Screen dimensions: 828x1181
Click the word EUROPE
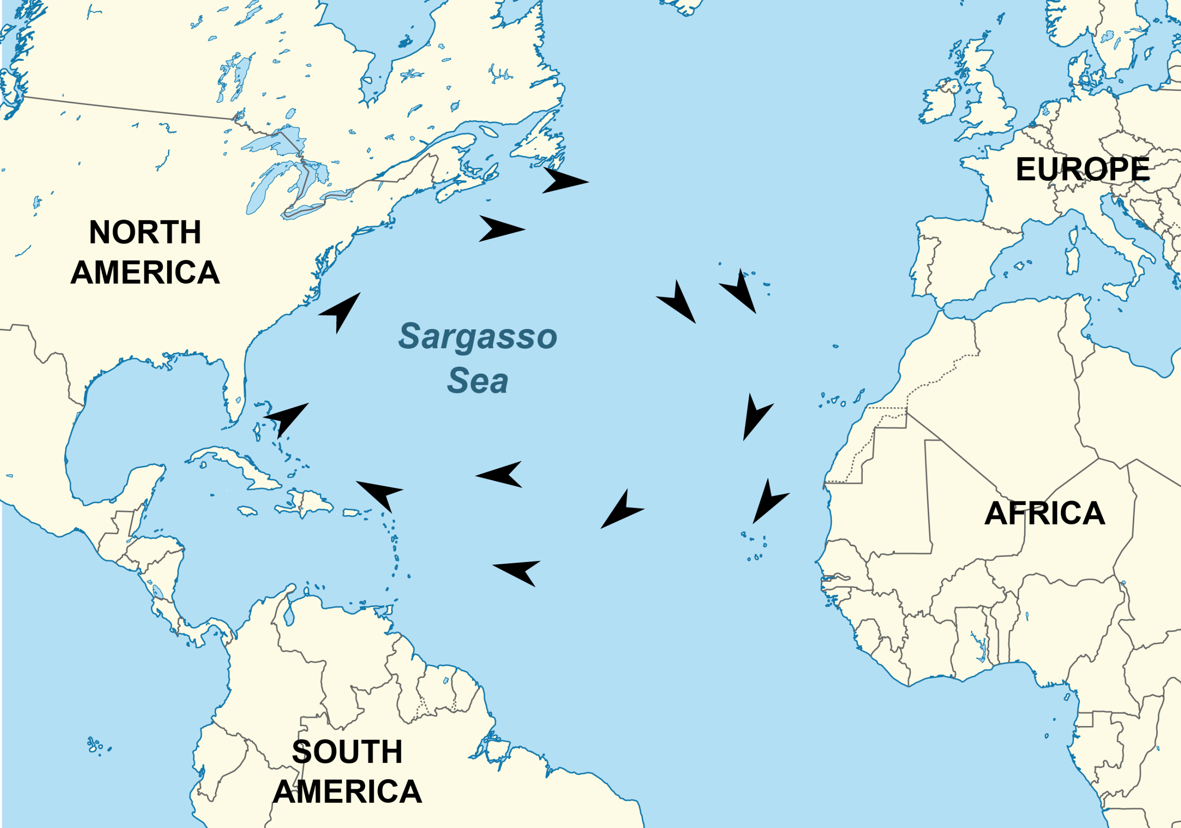1082,169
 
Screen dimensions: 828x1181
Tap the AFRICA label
1044,513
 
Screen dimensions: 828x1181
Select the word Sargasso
477,336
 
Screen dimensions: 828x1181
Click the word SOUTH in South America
347,752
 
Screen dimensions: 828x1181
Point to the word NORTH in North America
145,232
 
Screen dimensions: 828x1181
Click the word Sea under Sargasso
477,381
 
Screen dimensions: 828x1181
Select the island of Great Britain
985,98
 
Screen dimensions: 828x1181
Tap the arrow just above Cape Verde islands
769,501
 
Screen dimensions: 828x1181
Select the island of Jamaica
247,511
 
